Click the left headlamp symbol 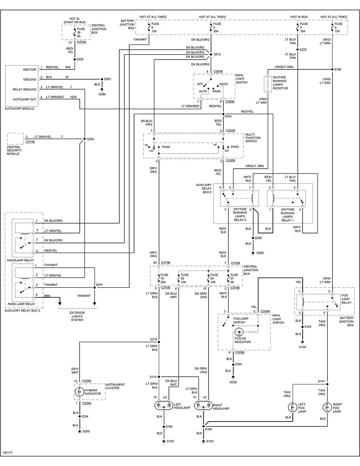pyautogui.click(x=163, y=406)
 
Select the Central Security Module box pyautogui.click(x=16, y=139)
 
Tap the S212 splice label pyautogui.click(x=217, y=54)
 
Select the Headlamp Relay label pyautogui.click(x=20, y=261)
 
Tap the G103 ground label pyautogui.click(x=210, y=441)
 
